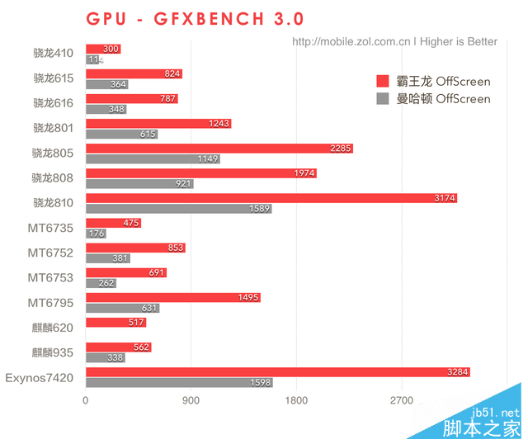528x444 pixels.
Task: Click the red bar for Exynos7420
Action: [x=277, y=371]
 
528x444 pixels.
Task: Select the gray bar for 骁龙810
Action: [x=178, y=209]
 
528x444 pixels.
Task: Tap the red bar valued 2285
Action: [x=219, y=149]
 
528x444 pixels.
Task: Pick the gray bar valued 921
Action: [x=139, y=184]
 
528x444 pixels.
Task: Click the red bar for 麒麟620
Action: [x=115, y=322]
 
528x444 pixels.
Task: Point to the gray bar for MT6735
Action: [x=96, y=234]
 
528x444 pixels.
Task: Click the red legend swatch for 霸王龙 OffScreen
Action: [x=382, y=81]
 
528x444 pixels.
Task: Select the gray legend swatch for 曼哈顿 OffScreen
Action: [x=382, y=99]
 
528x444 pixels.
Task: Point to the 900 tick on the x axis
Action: [x=191, y=401]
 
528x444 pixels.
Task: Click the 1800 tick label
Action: [x=296, y=401]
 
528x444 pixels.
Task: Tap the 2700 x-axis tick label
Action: [x=402, y=401]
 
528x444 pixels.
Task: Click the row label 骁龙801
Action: [x=53, y=128]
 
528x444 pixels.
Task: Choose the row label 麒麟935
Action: [x=53, y=352]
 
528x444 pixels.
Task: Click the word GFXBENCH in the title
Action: [x=202, y=18]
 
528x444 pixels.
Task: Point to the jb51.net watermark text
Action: [x=496, y=412]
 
